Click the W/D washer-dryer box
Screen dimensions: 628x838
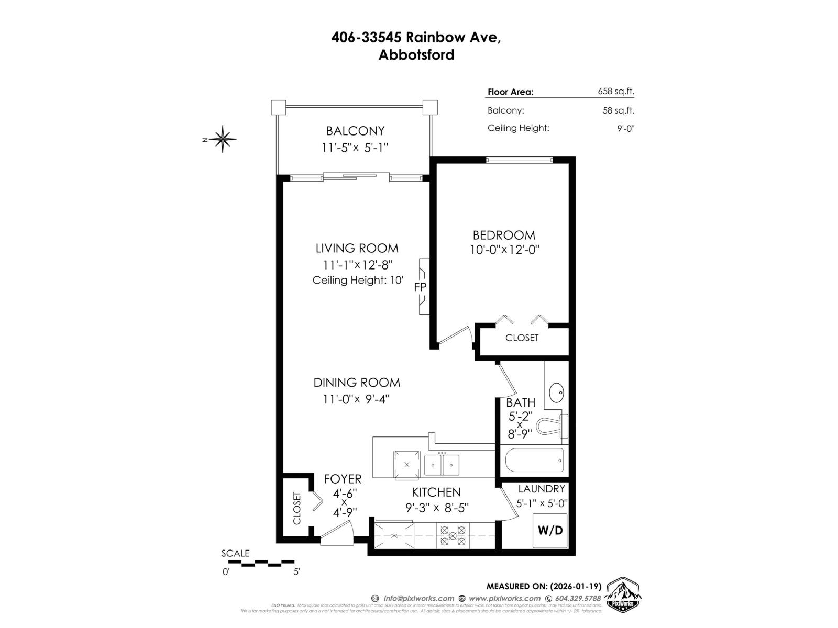550,531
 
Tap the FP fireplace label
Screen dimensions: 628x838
420,287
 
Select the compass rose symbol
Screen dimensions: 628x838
223,139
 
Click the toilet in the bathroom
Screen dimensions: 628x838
553,425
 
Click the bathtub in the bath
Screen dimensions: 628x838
534,460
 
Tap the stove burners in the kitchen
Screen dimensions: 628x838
453,536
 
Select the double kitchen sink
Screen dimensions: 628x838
442,464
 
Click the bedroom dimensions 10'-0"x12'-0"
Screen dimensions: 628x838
504,250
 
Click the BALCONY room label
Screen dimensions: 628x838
355,131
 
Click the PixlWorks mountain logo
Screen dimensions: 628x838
623,595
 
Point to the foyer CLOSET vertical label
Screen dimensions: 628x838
297,508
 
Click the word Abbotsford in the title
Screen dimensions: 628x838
416,55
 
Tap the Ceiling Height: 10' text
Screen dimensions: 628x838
358,281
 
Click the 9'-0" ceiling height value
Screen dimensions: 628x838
625,128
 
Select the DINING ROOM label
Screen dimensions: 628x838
357,383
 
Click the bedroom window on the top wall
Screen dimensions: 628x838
519,160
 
